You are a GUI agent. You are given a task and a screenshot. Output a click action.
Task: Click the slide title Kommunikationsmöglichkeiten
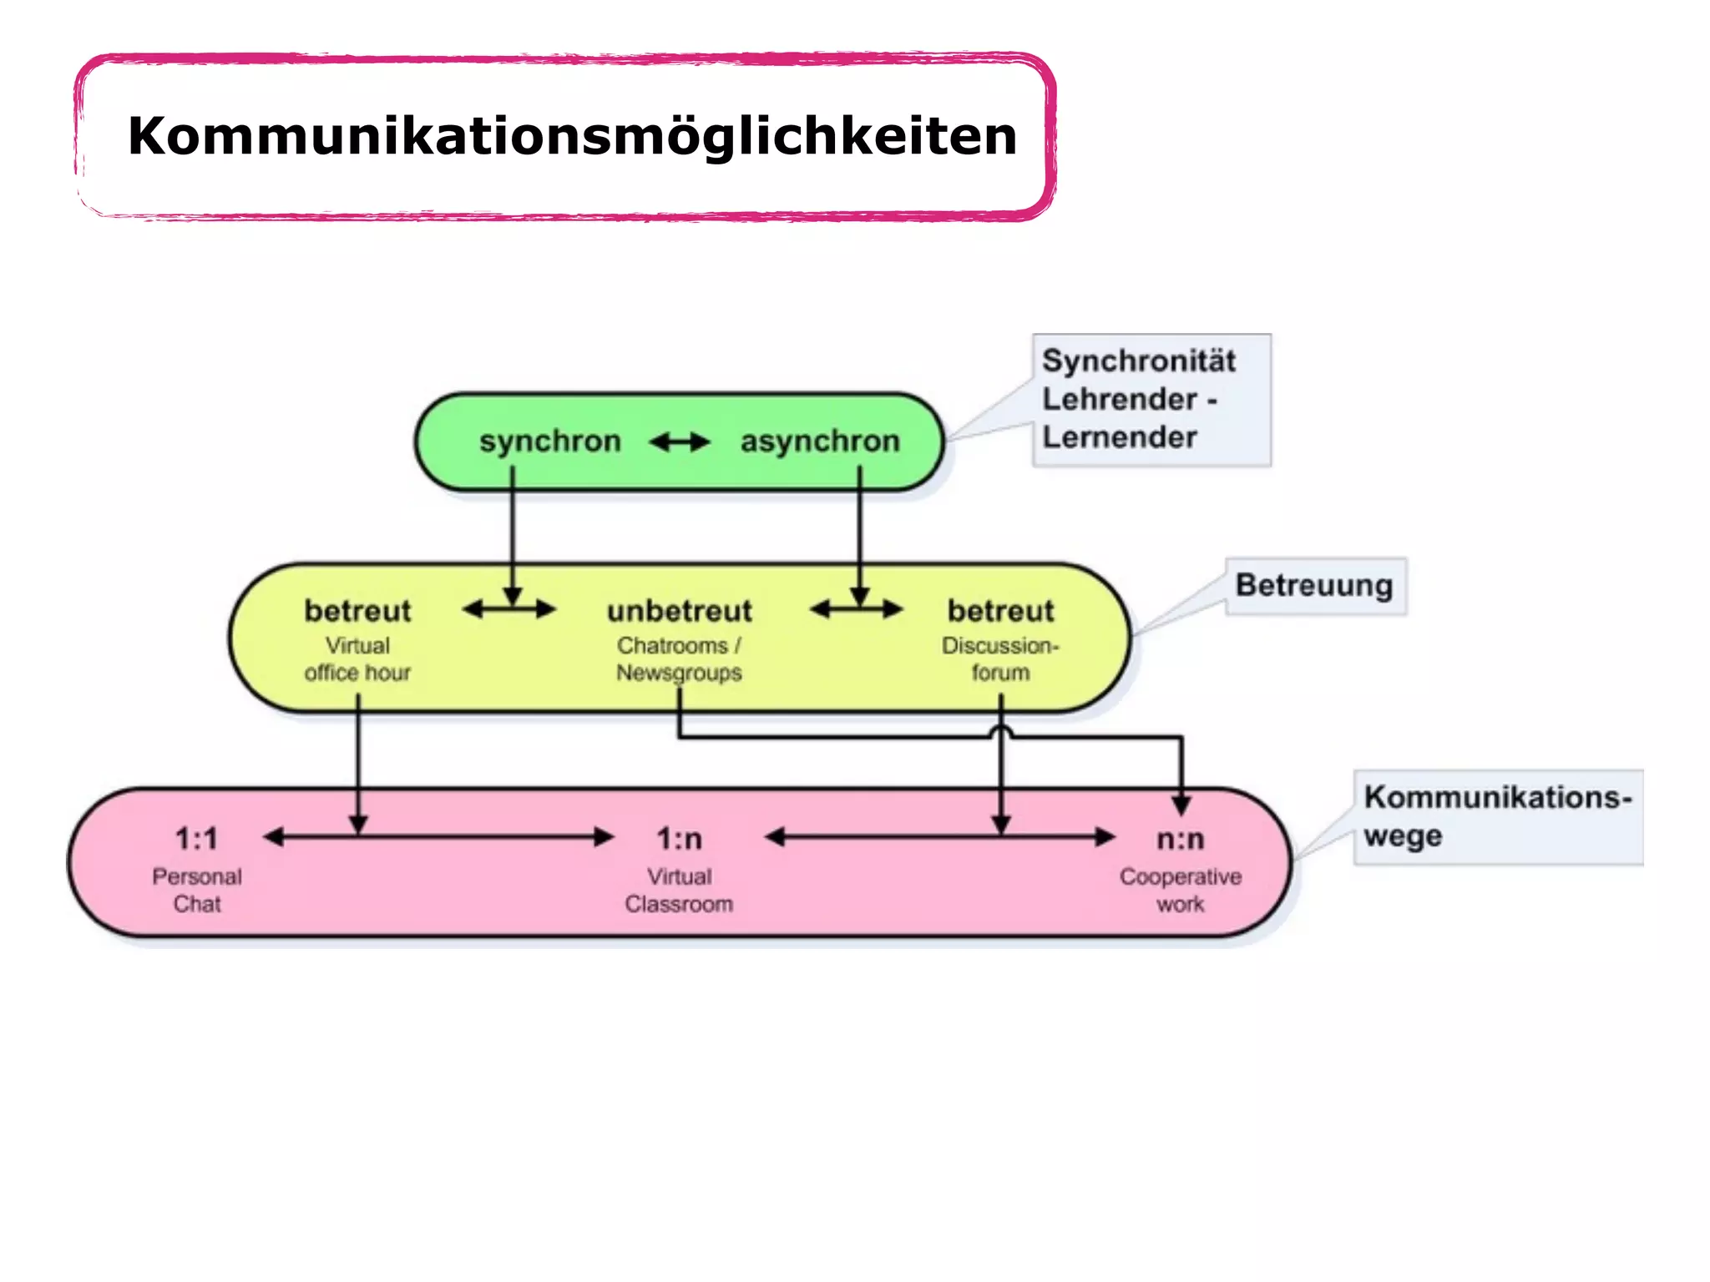[572, 136]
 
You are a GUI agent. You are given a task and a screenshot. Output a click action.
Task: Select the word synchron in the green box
[550, 441]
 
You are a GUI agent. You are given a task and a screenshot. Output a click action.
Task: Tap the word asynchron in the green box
[820, 441]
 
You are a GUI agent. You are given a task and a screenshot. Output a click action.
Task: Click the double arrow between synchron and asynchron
[680, 442]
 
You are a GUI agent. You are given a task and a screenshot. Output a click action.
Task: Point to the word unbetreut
[680, 611]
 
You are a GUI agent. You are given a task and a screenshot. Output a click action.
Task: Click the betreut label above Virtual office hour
[357, 611]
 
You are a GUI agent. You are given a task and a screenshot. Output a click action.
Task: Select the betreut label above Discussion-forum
[1000, 611]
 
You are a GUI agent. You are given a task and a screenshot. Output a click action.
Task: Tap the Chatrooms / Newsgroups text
[679, 659]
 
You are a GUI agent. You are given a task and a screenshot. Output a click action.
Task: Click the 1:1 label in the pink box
[197, 839]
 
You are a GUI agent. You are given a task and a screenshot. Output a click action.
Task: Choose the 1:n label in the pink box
[679, 839]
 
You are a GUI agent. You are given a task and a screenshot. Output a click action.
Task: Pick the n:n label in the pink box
[1181, 839]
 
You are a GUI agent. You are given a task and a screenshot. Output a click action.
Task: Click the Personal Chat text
[197, 890]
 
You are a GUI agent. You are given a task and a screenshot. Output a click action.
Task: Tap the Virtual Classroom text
[679, 890]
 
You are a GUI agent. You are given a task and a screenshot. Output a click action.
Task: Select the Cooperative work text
[1181, 890]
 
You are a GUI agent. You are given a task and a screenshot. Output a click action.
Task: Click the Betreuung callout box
[1314, 586]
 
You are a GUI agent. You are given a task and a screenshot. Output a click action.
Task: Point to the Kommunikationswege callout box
[1496, 816]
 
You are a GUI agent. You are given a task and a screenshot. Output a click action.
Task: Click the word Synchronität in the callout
[1139, 361]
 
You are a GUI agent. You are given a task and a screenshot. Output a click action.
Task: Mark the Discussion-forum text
[1000, 659]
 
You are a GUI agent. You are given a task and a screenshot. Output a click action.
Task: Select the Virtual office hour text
[357, 659]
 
